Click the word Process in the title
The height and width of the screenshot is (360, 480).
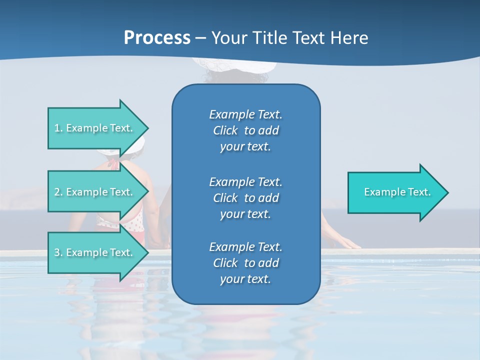click(x=157, y=37)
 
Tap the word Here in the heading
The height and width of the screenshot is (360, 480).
click(x=349, y=37)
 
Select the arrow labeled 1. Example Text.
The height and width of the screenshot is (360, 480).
click(x=95, y=128)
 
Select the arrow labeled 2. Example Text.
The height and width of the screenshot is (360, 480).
click(x=95, y=192)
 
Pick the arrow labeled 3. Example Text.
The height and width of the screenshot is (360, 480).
click(x=95, y=252)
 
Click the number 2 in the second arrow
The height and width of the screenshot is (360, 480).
click(x=57, y=192)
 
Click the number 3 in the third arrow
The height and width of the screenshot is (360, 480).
click(x=57, y=252)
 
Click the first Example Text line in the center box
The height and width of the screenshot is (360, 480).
click(x=245, y=114)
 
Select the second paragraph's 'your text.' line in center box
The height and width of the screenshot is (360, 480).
click(x=245, y=214)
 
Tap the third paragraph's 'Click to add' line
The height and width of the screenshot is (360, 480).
click(x=245, y=263)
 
